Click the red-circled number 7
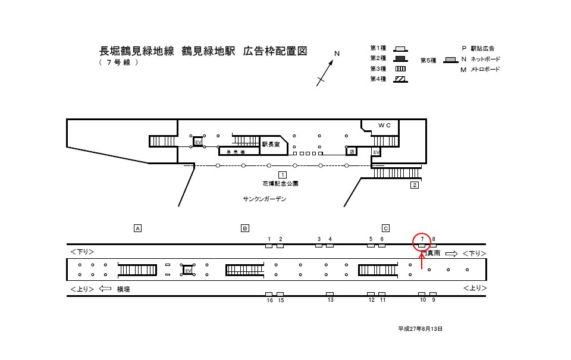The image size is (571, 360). [x=422, y=239]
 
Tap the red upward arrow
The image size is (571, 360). [x=422, y=261]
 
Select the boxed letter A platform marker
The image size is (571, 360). [x=137, y=228]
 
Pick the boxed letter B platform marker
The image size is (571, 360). [x=244, y=228]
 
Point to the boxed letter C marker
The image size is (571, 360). [x=385, y=228]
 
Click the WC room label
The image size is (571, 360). [x=385, y=126]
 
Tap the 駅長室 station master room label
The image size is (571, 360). [x=271, y=143]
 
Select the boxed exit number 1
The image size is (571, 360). [x=283, y=174]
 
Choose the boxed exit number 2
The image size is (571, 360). [x=415, y=185]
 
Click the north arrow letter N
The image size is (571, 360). [x=337, y=54]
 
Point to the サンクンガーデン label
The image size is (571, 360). [x=264, y=199]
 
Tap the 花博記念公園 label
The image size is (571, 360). [x=280, y=184]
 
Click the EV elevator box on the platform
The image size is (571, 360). [x=188, y=270]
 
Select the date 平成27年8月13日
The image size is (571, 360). [x=421, y=328]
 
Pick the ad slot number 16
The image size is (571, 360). [x=269, y=300]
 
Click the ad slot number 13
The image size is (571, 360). [x=330, y=300]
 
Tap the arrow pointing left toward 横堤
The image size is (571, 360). [x=105, y=289]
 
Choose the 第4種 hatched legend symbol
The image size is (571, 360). [x=401, y=79]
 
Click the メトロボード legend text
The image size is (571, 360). [x=485, y=70]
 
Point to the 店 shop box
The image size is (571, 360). [x=352, y=151]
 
